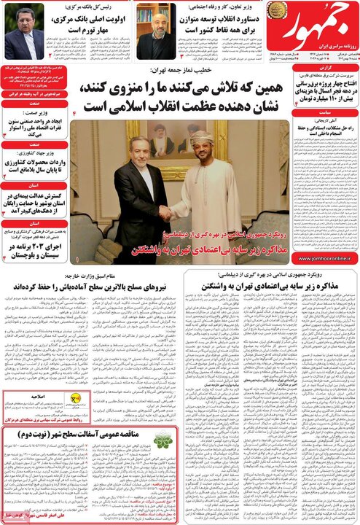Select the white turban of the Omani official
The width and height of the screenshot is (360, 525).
click(x=203, y=138)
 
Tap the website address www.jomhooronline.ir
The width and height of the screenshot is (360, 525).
click(x=325, y=257)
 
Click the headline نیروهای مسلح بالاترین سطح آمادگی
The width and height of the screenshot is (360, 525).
click(x=91, y=288)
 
